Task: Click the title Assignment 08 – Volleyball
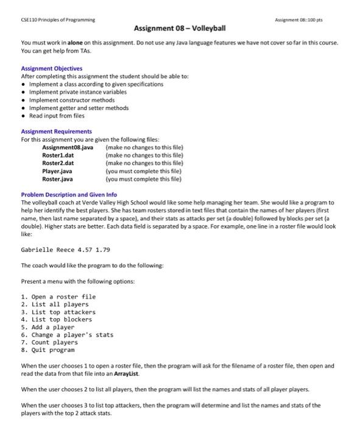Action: [x=180, y=29]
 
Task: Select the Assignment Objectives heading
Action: [x=52, y=69]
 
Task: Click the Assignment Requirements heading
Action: [x=57, y=131]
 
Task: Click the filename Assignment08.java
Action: [x=68, y=148]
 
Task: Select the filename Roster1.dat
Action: [x=58, y=156]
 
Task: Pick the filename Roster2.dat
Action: [x=58, y=164]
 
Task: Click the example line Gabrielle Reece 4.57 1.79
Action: [x=66, y=250]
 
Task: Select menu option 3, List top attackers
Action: [x=58, y=312]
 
